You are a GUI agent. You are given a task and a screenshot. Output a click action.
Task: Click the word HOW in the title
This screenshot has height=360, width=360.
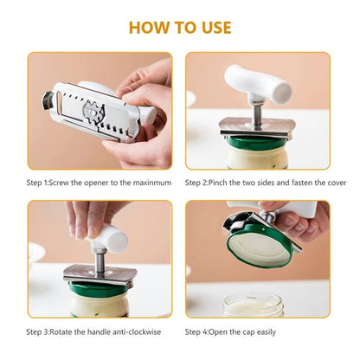pos(150,27)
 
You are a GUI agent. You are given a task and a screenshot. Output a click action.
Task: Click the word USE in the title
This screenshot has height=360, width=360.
pos(214,27)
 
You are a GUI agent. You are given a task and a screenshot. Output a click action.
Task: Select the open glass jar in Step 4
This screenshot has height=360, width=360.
pos(253,304)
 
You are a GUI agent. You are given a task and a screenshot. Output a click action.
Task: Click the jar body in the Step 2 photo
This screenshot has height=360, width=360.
pos(257,157)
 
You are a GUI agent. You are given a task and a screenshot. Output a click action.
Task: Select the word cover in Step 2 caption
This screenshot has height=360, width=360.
pos(319,183)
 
